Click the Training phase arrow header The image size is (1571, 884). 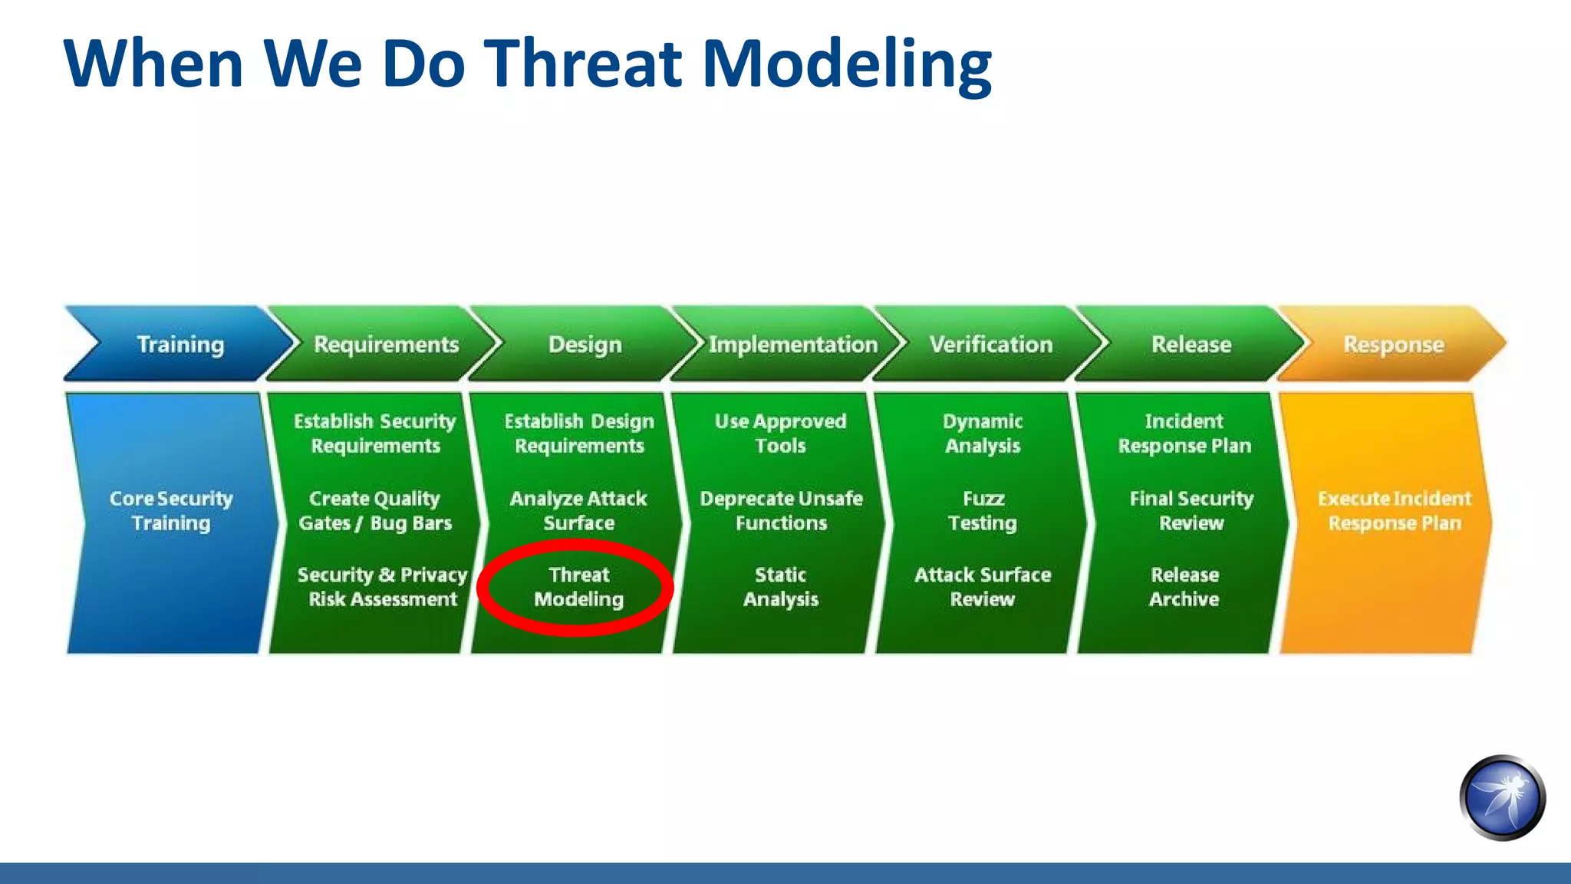click(180, 345)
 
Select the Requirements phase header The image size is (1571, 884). click(386, 345)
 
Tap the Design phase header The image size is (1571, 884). click(585, 345)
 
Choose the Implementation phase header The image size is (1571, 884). click(792, 345)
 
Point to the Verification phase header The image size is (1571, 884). click(990, 345)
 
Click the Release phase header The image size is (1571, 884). click(1191, 345)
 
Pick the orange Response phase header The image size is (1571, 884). click(1393, 345)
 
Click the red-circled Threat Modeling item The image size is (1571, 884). click(578, 587)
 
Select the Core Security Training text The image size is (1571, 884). click(171, 510)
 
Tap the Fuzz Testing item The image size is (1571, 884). click(983, 510)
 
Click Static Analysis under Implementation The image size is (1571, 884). click(781, 587)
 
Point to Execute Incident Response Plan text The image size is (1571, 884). click(1395, 510)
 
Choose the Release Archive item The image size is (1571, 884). click(1184, 587)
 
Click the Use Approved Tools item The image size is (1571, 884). click(781, 434)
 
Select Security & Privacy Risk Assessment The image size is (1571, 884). click(382, 587)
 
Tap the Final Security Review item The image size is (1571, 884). click(1191, 510)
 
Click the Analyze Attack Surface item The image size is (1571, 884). click(578, 510)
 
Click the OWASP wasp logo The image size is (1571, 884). click(1502, 798)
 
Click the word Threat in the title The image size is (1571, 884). click(583, 63)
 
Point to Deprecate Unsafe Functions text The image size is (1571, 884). click(781, 510)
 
